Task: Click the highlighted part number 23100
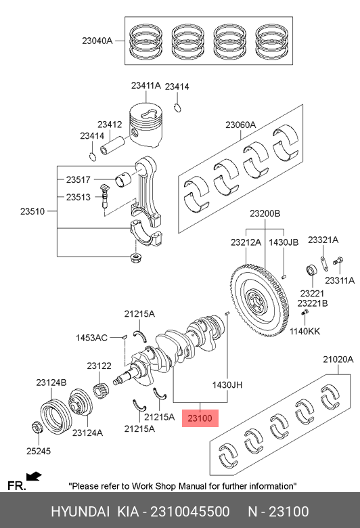(x=200, y=418)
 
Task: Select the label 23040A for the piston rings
(x=97, y=41)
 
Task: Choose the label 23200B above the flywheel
(x=265, y=213)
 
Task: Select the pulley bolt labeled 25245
(x=37, y=427)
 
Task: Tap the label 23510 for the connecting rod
(x=32, y=211)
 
